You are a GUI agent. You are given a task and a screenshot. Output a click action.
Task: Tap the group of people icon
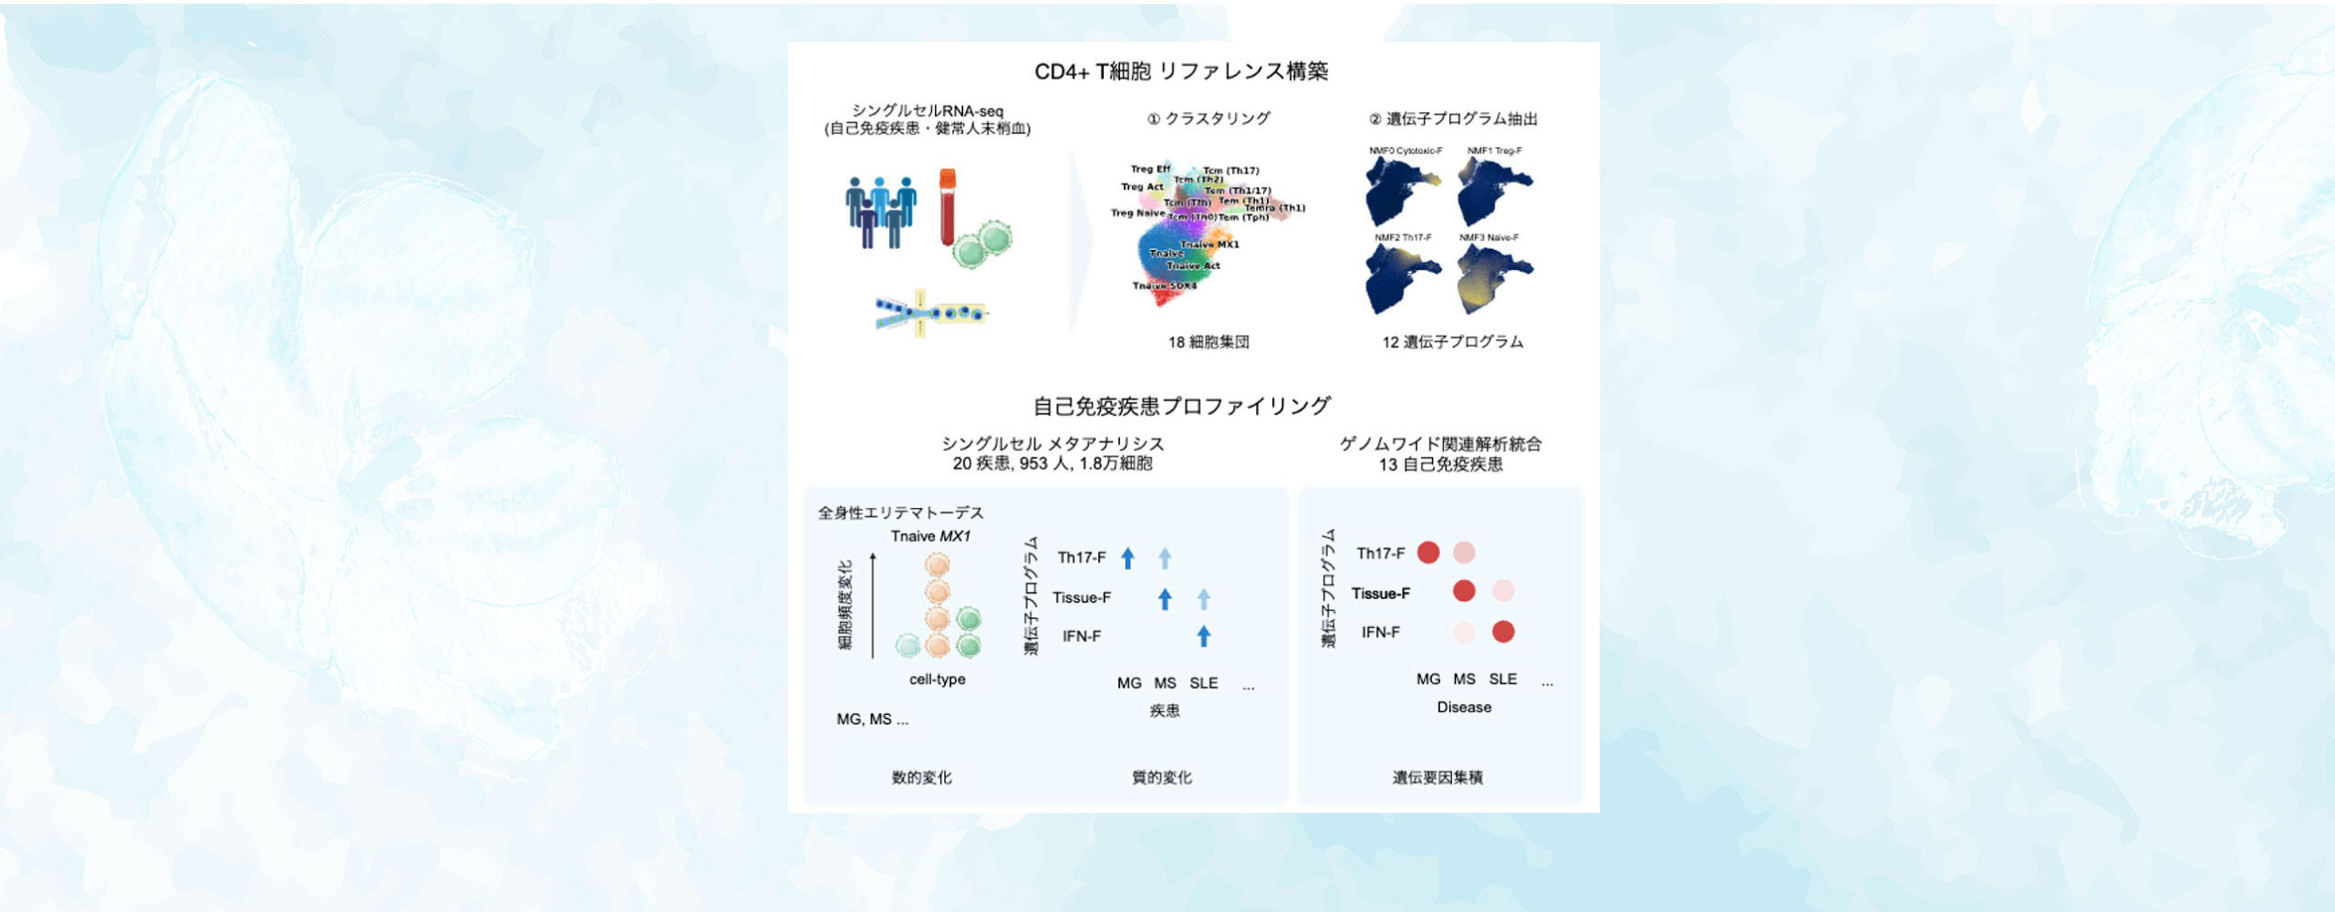880,212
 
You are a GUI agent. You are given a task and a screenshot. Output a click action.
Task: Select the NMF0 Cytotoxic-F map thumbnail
1402,192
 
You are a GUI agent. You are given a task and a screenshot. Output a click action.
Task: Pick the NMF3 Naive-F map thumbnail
1494,278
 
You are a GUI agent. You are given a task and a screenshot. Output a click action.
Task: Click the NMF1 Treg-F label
1494,150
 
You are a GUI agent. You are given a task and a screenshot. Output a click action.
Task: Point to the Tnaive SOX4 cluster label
1164,286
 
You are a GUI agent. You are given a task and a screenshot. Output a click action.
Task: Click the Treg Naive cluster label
1137,213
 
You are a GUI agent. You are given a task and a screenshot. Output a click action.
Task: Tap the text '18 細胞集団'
1209,342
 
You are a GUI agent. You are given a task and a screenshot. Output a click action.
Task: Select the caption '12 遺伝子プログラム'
1452,342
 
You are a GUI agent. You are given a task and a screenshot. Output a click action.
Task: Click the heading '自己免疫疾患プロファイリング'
1181,406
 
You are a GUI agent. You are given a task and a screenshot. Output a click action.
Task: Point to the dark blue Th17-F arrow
1127,558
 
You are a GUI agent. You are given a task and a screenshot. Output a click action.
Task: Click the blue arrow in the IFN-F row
1204,636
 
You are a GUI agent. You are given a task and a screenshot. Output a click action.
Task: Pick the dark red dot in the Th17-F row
1428,553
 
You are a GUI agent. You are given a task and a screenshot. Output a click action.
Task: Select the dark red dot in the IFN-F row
1503,631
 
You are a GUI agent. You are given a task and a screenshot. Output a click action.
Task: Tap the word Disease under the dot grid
1464,707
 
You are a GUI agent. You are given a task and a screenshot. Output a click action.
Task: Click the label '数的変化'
921,777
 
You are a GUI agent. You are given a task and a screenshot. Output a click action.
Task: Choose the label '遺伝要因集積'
1437,777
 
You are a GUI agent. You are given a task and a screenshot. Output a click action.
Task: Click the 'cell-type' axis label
937,679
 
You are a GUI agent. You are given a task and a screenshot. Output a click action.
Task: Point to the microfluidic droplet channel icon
930,314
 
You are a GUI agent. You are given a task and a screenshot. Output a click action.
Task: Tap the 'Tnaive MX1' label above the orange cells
930,536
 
